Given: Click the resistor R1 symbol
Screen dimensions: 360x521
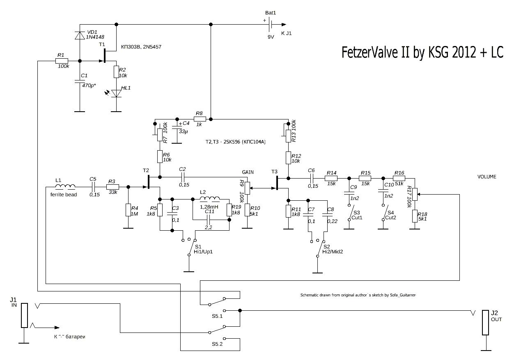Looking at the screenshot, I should (62, 61).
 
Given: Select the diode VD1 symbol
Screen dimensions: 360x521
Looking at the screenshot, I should (79, 36).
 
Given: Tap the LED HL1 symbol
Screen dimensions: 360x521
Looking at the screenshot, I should (117, 94).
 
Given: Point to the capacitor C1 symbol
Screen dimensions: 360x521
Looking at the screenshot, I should (79, 82).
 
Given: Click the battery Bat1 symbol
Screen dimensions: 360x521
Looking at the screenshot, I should (271, 25).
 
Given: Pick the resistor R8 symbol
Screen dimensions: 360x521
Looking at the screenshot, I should (199, 119).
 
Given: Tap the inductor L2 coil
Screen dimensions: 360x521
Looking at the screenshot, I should (209, 199).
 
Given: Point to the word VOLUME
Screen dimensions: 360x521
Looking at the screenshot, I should (487, 177).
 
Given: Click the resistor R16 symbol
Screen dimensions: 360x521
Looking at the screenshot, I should (399, 178).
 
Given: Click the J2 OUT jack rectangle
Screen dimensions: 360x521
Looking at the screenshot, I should (486, 323).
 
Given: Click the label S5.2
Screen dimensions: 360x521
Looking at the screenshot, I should (217, 344).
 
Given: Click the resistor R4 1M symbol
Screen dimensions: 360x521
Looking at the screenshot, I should (128, 210).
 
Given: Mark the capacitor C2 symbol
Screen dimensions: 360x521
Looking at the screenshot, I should (183, 177).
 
